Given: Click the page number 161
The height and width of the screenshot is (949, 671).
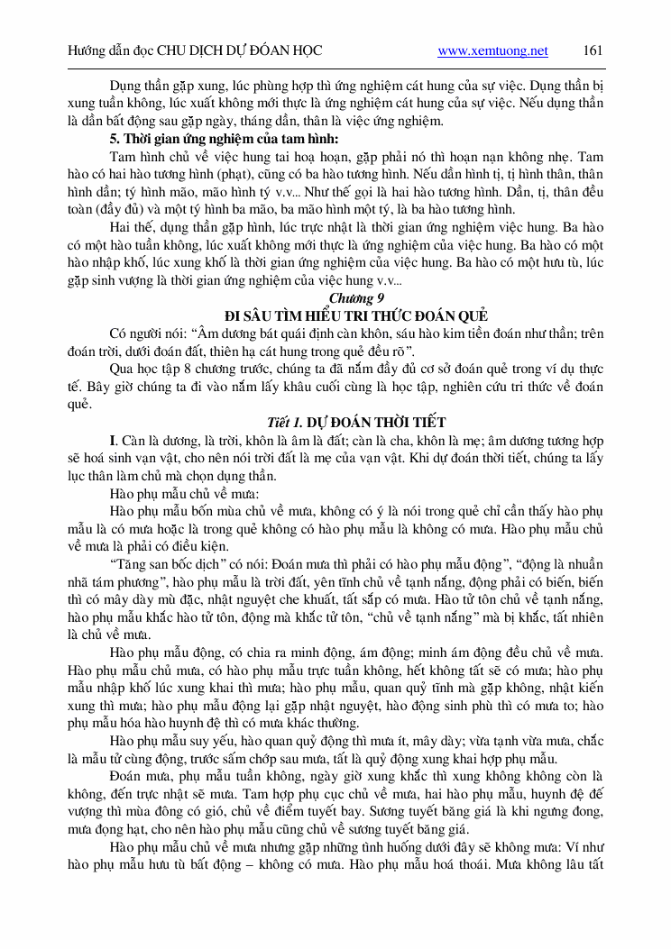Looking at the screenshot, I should (593, 50).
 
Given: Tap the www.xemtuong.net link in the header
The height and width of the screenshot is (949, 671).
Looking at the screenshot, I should (492, 51).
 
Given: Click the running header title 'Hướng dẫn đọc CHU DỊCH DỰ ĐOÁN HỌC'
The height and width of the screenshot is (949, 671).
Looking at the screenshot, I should (195, 51).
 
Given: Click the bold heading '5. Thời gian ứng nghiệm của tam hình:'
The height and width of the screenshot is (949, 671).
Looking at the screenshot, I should (224, 139).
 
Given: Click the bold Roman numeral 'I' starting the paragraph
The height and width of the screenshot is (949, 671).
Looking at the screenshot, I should (113, 440).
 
